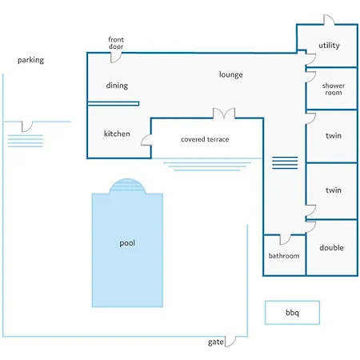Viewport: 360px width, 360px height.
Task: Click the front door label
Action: point(116,43)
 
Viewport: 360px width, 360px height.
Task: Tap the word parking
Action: point(30,60)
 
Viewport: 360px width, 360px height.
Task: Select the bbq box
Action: point(292,313)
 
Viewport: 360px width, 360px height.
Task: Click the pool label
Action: point(127,243)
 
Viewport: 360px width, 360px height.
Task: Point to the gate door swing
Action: point(230,342)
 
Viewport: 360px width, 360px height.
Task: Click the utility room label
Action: point(329,46)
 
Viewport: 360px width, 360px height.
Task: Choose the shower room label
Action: point(334,89)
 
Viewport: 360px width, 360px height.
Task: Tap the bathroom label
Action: point(284,256)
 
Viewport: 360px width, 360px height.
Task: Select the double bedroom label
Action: point(331,248)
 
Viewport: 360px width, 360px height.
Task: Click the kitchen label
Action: point(117,134)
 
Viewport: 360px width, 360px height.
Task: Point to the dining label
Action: point(117,86)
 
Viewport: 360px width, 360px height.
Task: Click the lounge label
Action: point(231,74)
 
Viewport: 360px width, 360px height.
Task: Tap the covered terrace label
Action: point(205,139)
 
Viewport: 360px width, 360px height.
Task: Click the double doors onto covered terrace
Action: point(224,114)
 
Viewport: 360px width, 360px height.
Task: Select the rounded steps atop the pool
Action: point(127,186)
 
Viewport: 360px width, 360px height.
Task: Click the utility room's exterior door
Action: point(329,20)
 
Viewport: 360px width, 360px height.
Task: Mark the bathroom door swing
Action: point(285,239)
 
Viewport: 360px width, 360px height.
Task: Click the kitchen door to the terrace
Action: point(146,140)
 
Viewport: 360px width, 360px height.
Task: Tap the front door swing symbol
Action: point(116,58)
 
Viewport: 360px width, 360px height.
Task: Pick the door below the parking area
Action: point(27,126)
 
